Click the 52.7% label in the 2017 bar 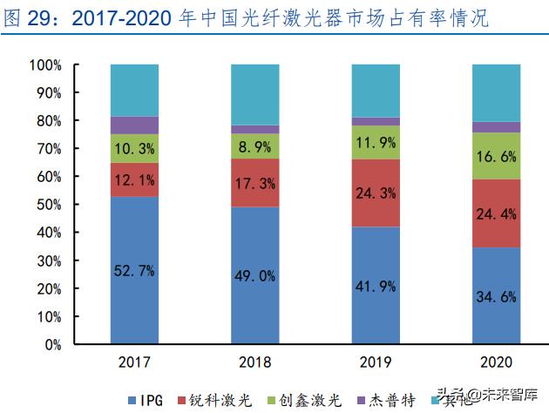134,271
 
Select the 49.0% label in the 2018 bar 254,276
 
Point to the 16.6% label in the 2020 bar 495,156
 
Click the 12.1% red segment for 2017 134,179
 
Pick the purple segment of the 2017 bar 134,125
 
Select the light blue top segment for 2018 254,94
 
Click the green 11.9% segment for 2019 375,142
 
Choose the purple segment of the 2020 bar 495,127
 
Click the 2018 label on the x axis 254,362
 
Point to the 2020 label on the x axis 495,362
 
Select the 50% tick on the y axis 46,205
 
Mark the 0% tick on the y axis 50,344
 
